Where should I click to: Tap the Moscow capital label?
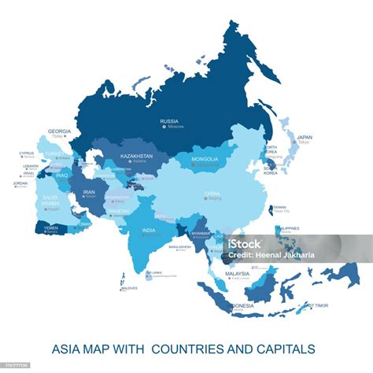(x=171, y=127)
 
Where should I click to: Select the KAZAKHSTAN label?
(x=137, y=156)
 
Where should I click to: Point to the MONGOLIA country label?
(x=205, y=159)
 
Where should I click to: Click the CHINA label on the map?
(x=213, y=193)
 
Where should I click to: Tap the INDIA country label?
(x=148, y=230)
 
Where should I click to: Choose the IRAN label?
(x=89, y=191)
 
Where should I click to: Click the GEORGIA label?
(x=59, y=131)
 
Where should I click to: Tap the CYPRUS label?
(x=27, y=153)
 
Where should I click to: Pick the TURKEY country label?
(x=55, y=153)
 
